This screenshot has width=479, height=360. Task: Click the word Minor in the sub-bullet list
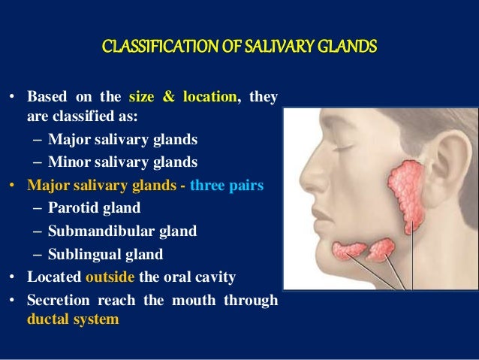coord(66,162)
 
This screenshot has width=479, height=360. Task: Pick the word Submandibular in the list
coord(94,231)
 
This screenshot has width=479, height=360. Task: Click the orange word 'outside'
coord(110,277)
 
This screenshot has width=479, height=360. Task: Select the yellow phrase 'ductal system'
coord(74,318)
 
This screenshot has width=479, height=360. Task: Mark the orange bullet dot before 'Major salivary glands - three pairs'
coord(12,185)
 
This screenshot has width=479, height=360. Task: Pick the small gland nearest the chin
coord(348,250)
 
